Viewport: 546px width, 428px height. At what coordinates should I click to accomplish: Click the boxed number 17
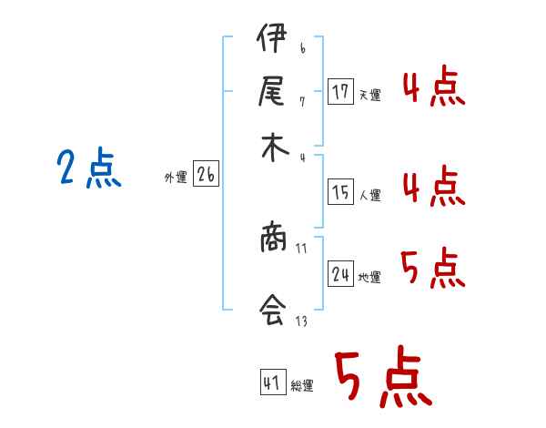pos(341,92)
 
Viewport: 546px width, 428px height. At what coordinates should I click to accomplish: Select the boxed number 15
pos(341,192)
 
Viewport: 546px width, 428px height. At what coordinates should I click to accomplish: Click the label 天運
pos(369,95)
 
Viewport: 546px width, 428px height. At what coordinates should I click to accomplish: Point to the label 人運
pos(369,195)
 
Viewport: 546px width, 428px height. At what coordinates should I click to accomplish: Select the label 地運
pos(369,277)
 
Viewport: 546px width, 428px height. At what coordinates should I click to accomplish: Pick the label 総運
pos(302,385)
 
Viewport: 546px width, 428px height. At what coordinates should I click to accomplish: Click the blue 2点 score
pos(88,169)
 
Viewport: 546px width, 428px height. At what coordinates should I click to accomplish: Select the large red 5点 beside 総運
pos(382,380)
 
